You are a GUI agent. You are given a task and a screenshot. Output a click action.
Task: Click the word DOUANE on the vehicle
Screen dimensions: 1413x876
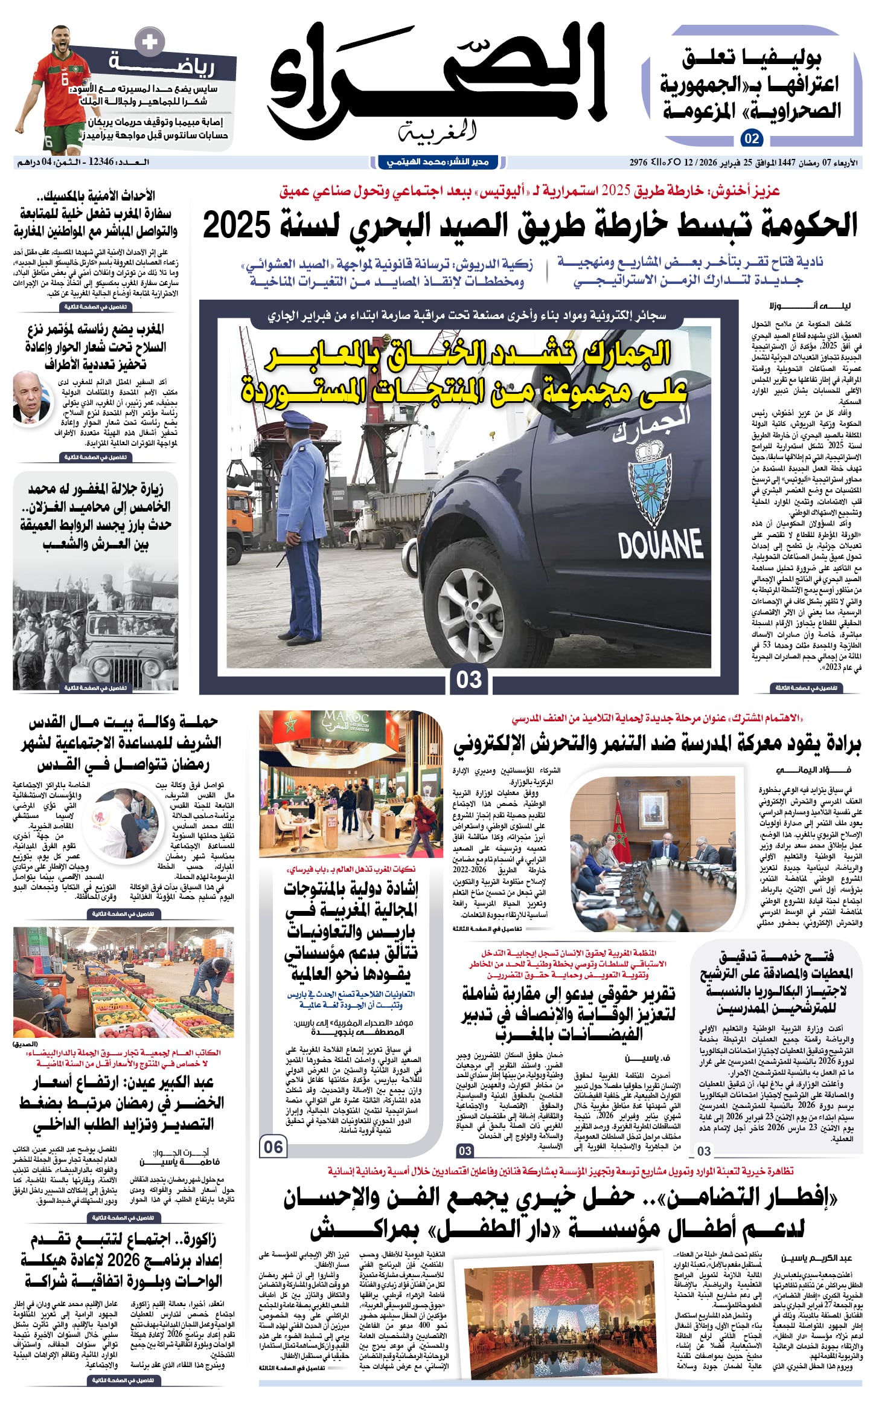coord(660,544)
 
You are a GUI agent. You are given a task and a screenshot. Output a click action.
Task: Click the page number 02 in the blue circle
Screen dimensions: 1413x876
coord(752,138)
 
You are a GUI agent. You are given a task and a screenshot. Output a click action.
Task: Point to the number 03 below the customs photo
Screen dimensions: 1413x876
coord(468,680)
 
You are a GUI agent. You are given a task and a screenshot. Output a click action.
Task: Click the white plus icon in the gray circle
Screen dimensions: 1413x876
coord(149,42)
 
